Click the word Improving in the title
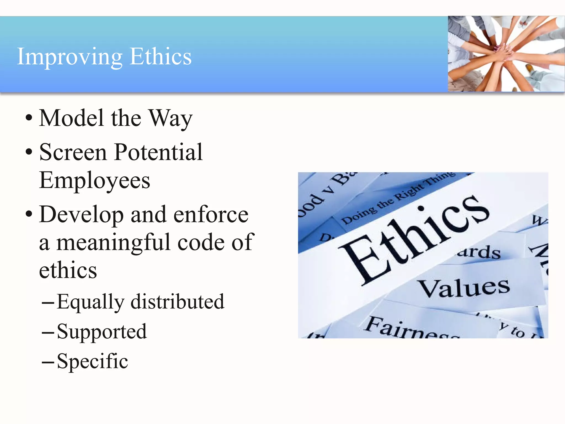pyautogui.click(x=70, y=57)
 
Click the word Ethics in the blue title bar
pyautogui.click(x=161, y=56)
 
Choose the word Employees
pyautogui.click(x=95, y=181)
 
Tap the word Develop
pyautogui.click(x=81, y=215)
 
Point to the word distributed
pyautogui.click(x=177, y=301)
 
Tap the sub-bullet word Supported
pyautogui.click(x=102, y=332)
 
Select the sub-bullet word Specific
pyautogui.click(x=92, y=361)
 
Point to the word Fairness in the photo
pyautogui.click(x=411, y=328)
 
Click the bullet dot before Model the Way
pyautogui.click(x=29, y=118)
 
